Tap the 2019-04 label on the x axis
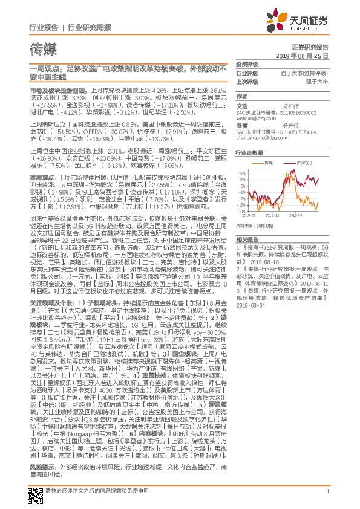tap(295, 214)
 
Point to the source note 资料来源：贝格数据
tap(252, 225)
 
